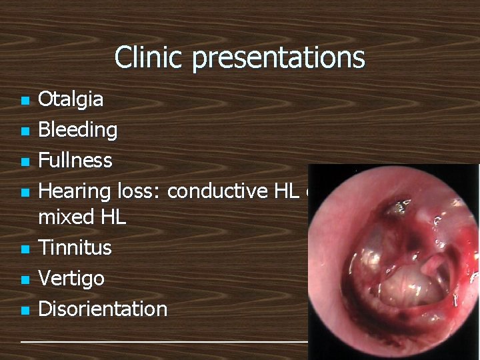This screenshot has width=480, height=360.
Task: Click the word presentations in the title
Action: (279, 58)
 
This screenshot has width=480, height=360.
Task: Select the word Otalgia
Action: (71, 100)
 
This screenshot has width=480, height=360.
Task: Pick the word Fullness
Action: (75, 161)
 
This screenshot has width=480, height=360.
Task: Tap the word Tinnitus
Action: (75, 248)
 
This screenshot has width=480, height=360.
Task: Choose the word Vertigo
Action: (71, 278)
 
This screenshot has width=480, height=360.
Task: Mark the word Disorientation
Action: (103, 309)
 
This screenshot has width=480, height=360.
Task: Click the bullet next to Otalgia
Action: (25, 101)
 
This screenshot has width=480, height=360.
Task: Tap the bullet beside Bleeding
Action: (25, 131)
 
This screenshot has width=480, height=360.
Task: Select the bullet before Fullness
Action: (25, 162)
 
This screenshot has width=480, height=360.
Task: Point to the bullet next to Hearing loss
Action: (25, 193)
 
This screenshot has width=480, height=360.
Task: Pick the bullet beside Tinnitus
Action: (25, 249)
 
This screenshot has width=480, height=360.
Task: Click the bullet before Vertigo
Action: (25, 279)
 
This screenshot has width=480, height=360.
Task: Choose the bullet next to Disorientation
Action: (25, 310)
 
